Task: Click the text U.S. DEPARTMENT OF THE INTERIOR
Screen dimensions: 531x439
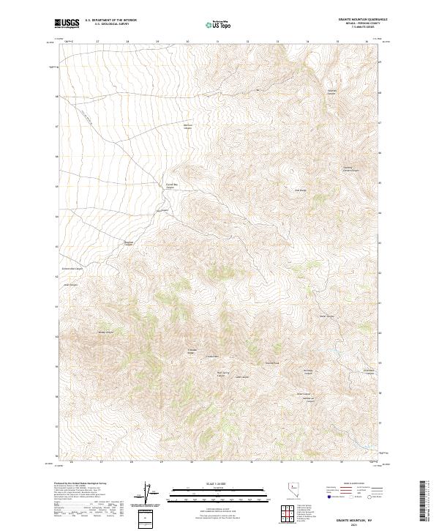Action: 110,21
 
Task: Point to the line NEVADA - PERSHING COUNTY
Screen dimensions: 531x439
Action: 362,23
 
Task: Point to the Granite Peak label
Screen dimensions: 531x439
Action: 272,363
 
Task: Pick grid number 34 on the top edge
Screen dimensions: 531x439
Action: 308,42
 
